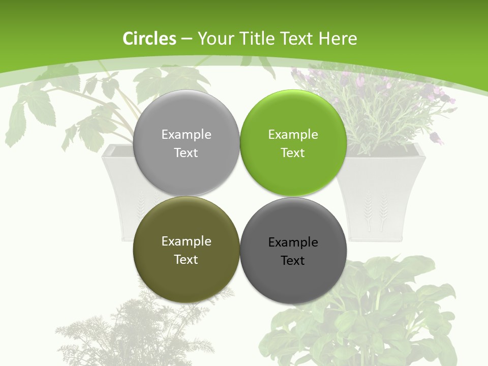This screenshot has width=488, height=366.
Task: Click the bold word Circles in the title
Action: (149, 39)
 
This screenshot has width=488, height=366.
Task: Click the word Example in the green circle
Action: (293, 134)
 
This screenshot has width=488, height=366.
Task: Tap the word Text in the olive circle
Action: (186, 259)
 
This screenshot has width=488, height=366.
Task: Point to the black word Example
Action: (293, 242)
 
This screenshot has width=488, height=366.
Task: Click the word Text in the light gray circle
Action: (186, 152)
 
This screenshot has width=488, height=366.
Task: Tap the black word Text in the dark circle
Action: (293, 260)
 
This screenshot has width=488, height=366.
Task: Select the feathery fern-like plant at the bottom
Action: (132, 330)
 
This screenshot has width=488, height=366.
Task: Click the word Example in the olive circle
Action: (186, 241)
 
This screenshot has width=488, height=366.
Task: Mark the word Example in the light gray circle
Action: (186, 134)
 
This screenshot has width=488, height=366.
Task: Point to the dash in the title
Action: (187, 39)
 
